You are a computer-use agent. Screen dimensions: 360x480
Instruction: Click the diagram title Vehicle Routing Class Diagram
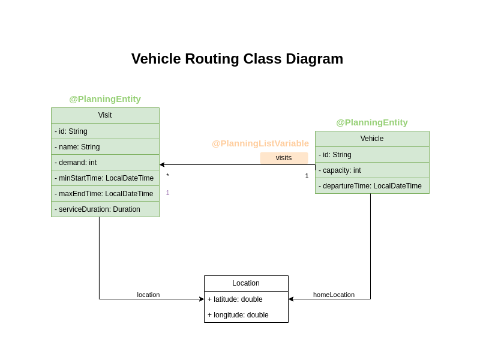coord(237,59)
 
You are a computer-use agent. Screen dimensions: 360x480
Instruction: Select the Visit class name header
coord(105,115)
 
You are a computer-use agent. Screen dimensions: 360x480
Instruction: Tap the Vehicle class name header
coord(372,139)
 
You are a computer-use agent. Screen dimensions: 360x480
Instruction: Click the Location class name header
coord(246,283)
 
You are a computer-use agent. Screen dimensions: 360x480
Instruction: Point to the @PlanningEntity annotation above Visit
coord(105,99)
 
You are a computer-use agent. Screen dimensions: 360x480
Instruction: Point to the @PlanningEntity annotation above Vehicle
coord(371,122)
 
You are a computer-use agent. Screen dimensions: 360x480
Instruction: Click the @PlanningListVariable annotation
coord(260,143)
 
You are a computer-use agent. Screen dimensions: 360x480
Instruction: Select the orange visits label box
coord(284,158)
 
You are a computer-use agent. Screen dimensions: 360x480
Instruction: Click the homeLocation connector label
coord(334,295)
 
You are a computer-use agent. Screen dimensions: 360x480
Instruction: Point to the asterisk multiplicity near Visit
coord(167,176)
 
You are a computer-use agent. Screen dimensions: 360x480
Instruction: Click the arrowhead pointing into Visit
coord(162,164)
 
